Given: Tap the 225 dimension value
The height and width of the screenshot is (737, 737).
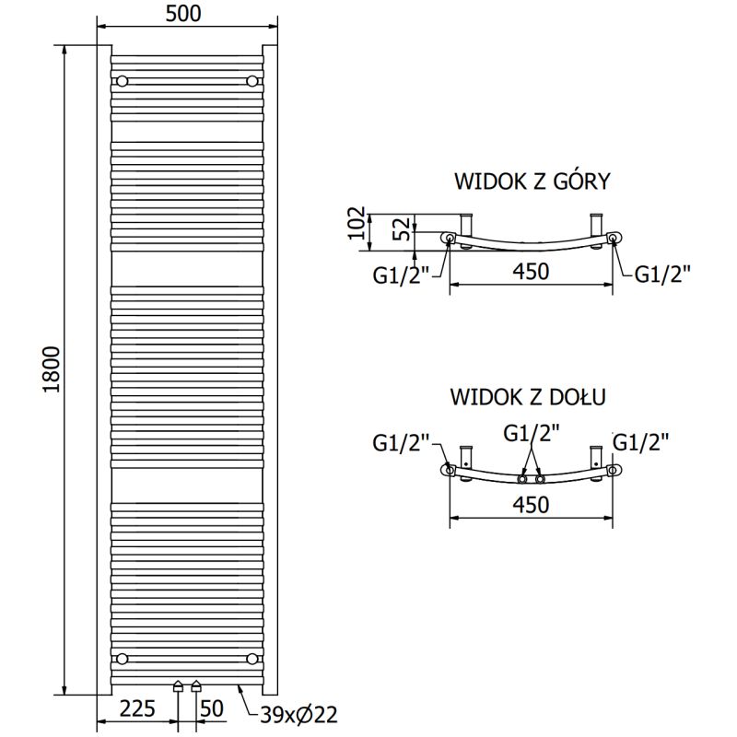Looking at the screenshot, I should click(137, 708).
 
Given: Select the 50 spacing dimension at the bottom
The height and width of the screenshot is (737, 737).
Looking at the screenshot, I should click(212, 708).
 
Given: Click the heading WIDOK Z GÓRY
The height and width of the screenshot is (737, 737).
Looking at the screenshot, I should click(532, 181).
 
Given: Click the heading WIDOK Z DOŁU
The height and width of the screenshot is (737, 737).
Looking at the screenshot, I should click(527, 397).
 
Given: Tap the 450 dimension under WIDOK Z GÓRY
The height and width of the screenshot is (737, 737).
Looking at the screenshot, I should click(530, 272).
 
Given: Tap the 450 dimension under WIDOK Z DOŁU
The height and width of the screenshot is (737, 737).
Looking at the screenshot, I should click(530, 505).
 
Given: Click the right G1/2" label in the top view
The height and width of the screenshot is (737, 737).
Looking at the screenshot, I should click(662, 274).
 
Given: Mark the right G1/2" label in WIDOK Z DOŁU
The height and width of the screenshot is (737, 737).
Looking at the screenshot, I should click(640, 442).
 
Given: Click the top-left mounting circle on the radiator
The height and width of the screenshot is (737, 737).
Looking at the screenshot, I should click(122, 81).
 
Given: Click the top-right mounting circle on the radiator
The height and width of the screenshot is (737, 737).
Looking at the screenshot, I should click(252, 81).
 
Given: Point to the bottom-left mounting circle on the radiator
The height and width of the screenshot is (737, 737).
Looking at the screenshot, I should click(122, 658).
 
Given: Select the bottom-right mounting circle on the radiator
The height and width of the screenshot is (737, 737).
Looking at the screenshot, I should click(252, 658).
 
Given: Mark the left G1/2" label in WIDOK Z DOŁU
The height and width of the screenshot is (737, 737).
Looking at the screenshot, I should click(402, 442).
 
